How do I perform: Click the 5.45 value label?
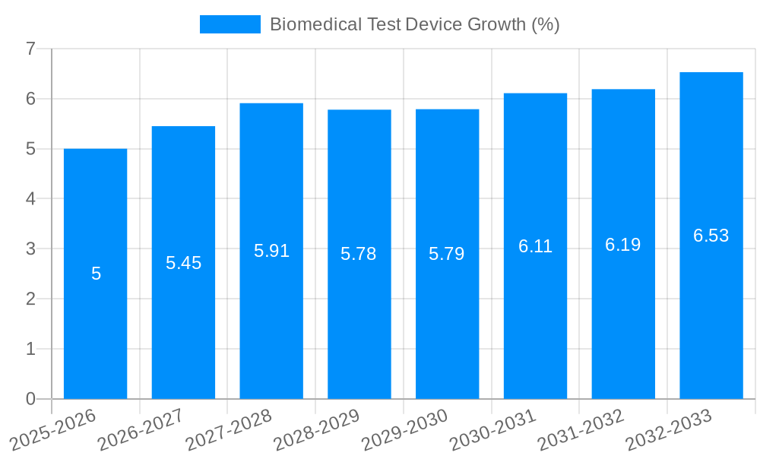pos(183,263)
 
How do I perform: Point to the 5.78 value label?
pos(359,254)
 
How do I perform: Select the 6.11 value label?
pos(535,246)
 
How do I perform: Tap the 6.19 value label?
pos(622,245)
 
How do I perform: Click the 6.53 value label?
pos(711,236)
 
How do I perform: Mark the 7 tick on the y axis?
pos(30,49)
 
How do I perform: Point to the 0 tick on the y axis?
pos(30,399)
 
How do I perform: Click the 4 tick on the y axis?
pos(30,199)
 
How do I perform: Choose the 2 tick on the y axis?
pos(30,299)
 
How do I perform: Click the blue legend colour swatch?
pos(230,24)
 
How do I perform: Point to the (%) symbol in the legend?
pos(545,24)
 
